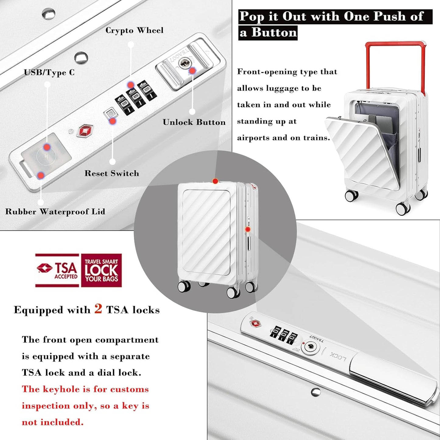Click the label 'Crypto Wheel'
click(134, 30)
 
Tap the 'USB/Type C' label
click(49, 72)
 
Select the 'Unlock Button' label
click(194, 122)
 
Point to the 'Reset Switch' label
click(112, 173)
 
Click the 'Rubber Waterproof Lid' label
click(55, 212)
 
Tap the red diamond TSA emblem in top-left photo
click(85, 131)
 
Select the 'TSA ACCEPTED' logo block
click(57, 270)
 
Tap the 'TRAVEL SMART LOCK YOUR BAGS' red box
click(101, 270)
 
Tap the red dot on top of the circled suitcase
click(215, 181)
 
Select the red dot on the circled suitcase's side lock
click(248, 229)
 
